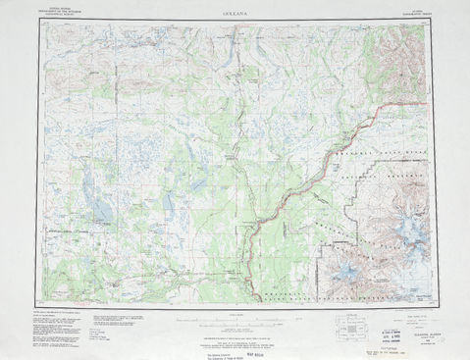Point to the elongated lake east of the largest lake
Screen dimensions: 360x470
(168, 206)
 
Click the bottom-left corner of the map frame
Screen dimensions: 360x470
(39, 300)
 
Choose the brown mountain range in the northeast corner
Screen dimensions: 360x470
(397, 59)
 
